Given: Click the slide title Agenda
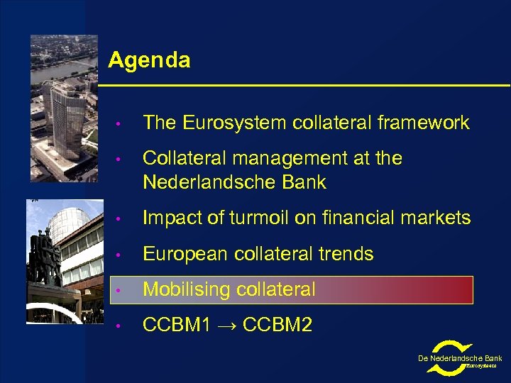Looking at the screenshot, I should click(x=149, y=60).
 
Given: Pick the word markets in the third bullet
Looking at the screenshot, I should click(x=439, y=218).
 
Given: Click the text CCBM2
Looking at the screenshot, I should click(x=278, y=326).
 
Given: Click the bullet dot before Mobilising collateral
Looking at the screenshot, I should click(x=123, y=290).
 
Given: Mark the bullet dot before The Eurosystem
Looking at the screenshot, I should click(x=123, y=123).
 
